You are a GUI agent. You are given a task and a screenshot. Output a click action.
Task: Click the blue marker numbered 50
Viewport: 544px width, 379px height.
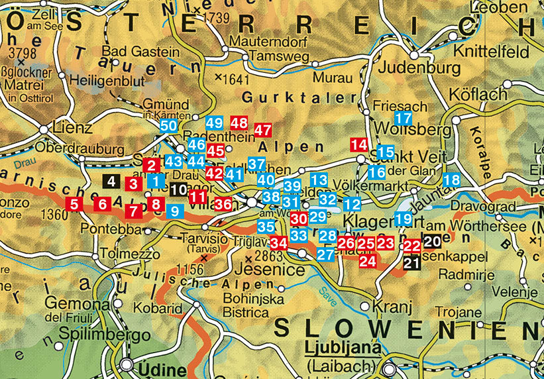click(x=168, y=125)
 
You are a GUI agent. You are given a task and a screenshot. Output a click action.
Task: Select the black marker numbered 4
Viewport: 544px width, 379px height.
click(x=111, y=180)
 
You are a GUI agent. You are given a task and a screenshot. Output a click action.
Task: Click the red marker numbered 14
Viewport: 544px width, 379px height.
click(x=358, y=144)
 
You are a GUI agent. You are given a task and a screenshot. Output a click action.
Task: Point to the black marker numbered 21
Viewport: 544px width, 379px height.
click(x=411, y=263)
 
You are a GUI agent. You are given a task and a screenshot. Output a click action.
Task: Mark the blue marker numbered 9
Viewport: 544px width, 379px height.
click(x=175, y=211)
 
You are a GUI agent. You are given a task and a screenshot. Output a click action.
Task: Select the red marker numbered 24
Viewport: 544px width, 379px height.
click(x=368, y=260)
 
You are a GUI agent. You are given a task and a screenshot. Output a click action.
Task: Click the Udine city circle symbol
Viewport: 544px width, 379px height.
click(x=127, y=365)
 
